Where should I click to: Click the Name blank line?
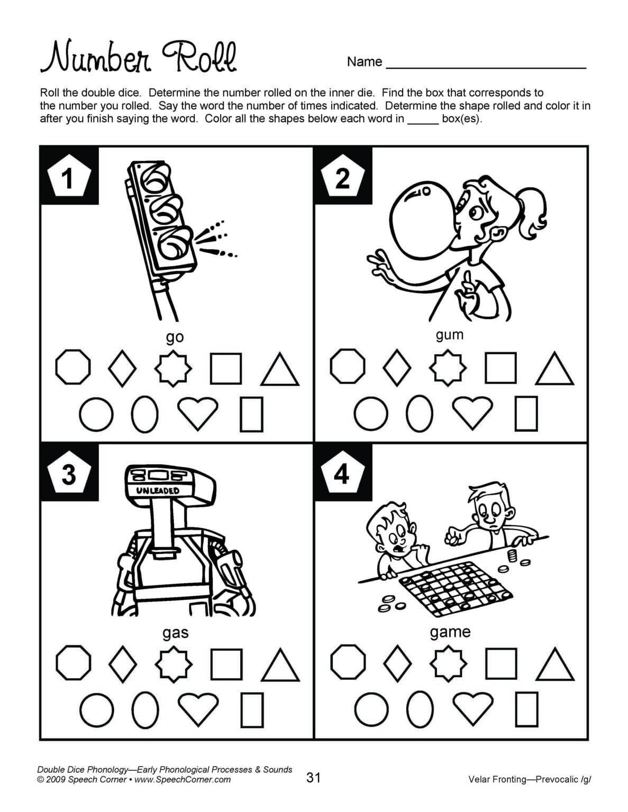point(486,67)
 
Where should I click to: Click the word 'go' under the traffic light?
point(175,337)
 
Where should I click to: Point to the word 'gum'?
point(449,335)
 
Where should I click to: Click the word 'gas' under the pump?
point(175,632)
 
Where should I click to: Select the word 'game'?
point(450,632)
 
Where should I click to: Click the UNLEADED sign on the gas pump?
point(158,490)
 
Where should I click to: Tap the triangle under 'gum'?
point(554,370)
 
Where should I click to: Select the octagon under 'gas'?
point(73,661)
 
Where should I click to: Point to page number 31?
point(313,777)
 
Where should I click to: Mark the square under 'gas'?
point(226,663)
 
